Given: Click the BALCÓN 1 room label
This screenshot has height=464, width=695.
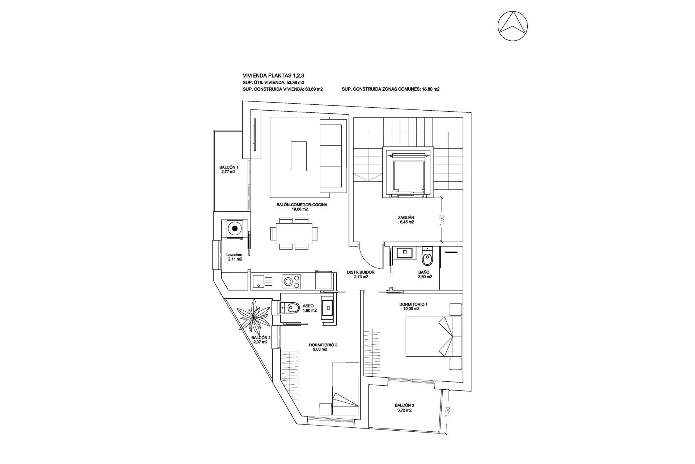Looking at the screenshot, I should click(228, 169).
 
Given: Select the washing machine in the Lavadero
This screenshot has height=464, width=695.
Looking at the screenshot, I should click(235, 229).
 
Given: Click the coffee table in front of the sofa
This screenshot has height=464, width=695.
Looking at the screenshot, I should click(299, 156).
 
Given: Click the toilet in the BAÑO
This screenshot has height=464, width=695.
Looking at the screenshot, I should click(427, 258).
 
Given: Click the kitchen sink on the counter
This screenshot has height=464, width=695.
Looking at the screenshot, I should click(260, 282).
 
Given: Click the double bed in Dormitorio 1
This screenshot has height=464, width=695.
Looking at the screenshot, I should click(434, 336).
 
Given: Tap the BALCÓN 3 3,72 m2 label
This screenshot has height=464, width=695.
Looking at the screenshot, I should click(404, 407).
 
